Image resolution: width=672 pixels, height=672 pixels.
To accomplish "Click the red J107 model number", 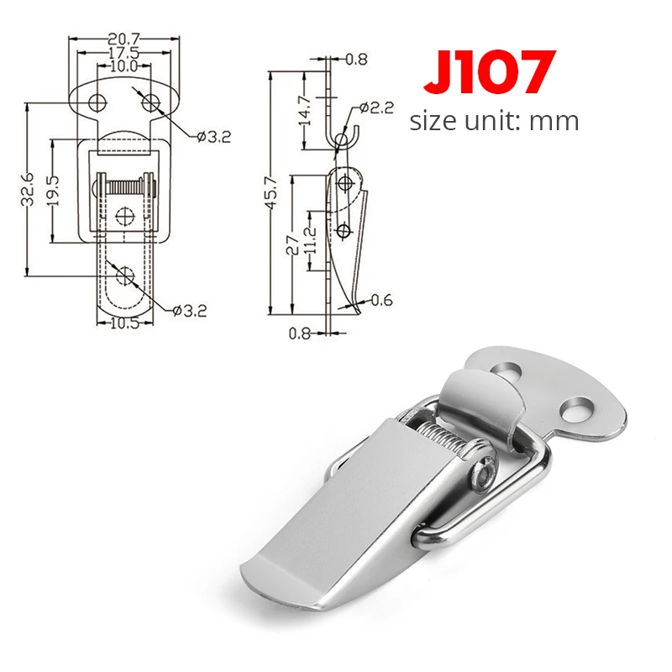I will pos(490,73).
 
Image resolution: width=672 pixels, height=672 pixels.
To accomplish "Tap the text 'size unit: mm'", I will pos(494,121).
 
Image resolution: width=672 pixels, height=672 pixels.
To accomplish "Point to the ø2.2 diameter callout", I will pos(375,108).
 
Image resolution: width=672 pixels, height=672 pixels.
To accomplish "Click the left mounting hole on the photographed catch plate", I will pos(508,368).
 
